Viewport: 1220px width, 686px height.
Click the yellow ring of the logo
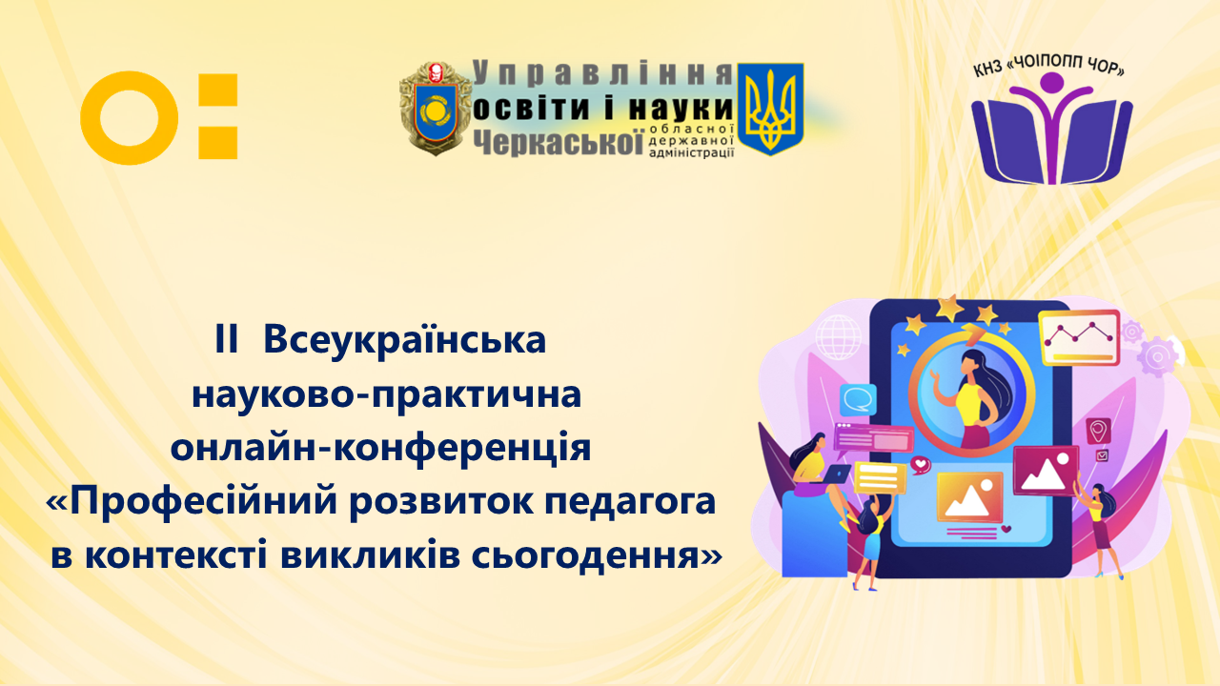pyautogui.click(x=92, y=118)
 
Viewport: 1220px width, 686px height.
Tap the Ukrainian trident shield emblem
pyautogui.click(x=770, y=109)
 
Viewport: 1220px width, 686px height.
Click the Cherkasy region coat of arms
pyautogui.click(x=436, y=108)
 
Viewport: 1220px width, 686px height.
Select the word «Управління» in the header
pyautogui.click(x=602, y=73)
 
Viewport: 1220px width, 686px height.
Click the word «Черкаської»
pyautogui.click(x=558, y=143)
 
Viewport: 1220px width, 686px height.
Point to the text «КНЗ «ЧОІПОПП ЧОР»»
pyautogui.click(x=1049, y=67)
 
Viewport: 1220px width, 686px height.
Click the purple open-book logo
pyautogui.click(x=1051, y=130)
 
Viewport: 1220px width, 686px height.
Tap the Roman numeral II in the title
pyautogui.click(x=227, y=339)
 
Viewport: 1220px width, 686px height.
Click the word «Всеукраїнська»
pyautogui.click(x=405, y=341)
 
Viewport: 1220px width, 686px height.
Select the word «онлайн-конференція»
pyautogui.click(x=380, y=448)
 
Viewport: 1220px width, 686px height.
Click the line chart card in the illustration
pyautogui.click(x=1080, y=337)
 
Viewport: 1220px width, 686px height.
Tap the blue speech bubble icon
pyautogui.click(x=858, y=400)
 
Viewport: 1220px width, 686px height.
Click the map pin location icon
pyautogui.click(x=1098, y=431)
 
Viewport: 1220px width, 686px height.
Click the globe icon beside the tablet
pyautogui.click(x=839, y=337)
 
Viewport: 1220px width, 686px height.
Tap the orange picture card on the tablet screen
pyautogui.click(x=970, y=497)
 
